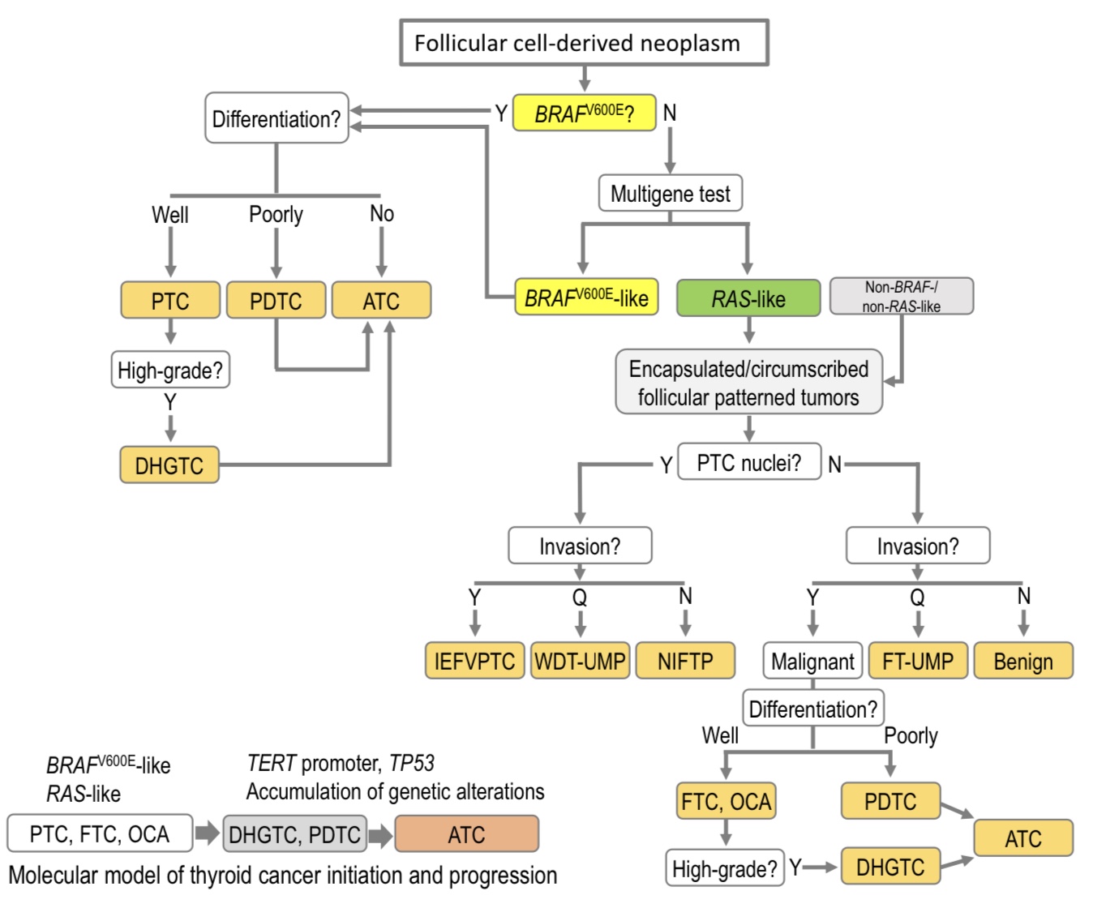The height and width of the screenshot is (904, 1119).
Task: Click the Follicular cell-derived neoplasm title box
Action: coord(583,43)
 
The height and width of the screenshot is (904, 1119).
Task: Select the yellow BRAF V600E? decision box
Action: coord(584,114)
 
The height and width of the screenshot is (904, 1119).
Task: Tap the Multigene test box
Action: coord(670,194)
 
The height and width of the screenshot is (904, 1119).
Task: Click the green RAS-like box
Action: coord(748,299)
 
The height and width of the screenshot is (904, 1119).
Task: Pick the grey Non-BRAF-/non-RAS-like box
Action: coord(901,297)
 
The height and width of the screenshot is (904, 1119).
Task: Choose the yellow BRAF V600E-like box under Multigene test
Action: coord(586,298)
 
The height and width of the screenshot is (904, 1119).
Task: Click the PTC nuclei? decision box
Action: coord(748,463)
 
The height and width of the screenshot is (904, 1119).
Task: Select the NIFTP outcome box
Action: coord(685,661)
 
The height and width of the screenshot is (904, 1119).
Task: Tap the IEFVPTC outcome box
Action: coord(474,661)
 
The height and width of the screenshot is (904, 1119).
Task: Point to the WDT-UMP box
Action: coord(580,661)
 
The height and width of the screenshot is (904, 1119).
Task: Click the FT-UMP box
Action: coord(918,661)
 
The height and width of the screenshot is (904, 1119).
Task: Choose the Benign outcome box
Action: coord(1023,661)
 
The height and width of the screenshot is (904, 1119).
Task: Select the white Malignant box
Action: coord(812,661)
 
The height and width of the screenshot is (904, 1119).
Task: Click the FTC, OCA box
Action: coord(726,802)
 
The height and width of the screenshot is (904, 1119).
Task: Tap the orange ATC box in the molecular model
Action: coord(466,834)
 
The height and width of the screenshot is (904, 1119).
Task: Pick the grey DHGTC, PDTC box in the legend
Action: coord(294,834)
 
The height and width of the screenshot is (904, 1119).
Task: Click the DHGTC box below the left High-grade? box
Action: coord(169,465)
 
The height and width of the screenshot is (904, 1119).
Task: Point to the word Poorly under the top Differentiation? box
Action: coord(276,214)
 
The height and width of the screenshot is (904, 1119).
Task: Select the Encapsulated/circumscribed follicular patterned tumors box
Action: coord(748,383)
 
